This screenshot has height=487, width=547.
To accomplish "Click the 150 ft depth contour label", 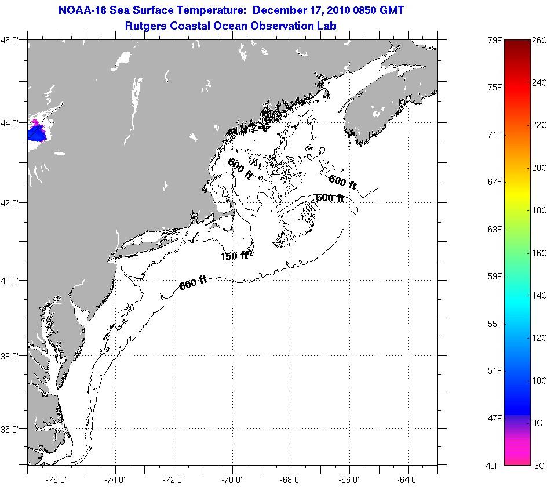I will coord(234,256).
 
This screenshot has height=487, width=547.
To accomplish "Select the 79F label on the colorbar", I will coord(494,41).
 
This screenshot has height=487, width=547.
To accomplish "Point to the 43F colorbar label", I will coord(494,465).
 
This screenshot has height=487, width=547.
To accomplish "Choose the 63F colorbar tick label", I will coord(494,230).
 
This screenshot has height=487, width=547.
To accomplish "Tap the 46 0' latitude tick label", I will coord(13,40).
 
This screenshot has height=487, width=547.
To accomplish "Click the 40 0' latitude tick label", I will coord(13,281).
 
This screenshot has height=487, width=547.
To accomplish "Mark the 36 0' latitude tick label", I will coord(13,429).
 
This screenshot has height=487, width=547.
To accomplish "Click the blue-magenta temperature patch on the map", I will coord(37,132).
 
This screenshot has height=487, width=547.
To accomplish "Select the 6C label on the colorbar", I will coord(538,465).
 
